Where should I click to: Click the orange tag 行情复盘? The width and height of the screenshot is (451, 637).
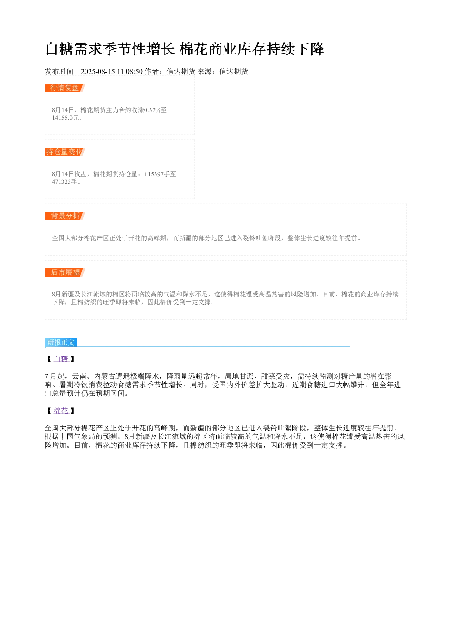[65, 88]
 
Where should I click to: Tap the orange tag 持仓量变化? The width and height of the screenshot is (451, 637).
[65, 152]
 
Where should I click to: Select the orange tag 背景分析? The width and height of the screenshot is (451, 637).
[65, 216]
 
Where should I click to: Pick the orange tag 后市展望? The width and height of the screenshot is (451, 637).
[65, 272]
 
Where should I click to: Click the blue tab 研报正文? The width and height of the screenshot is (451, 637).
[61, 342]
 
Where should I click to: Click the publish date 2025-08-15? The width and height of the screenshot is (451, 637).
[98, 71]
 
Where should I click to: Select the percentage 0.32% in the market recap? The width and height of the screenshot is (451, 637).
[152, 110]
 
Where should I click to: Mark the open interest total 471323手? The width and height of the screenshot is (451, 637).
[65, 182]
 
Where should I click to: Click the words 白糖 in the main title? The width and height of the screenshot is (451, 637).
[60, 49]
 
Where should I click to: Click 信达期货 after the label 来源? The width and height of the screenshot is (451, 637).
[234, 71]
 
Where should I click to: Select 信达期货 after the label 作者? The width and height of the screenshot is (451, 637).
[181, 71]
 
